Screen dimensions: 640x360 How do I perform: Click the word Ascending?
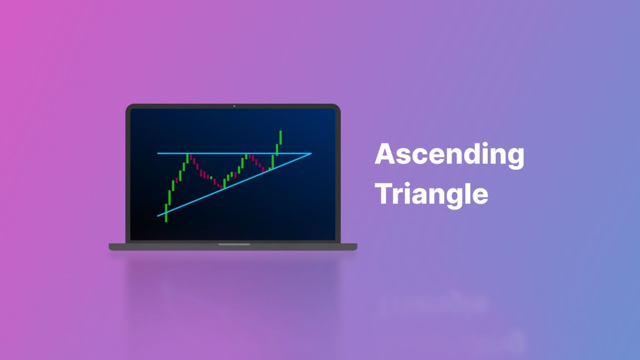pos(450,155)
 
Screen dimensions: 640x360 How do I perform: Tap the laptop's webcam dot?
pos(234,106)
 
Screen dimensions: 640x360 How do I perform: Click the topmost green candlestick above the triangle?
pos(280,138)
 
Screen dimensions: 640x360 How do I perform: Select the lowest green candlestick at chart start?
pos(166,213)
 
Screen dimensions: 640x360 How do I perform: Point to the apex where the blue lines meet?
pos(311,153)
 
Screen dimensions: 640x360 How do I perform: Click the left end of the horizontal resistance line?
pos(158,153)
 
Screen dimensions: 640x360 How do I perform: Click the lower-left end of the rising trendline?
pos(158,216)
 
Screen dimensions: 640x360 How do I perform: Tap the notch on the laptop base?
pos(234,244)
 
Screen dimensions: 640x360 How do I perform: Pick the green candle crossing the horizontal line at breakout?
pos(277,150)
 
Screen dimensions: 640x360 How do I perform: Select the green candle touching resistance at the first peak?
pos(188,158)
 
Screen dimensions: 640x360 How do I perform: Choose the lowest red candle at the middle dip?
pos(221,187)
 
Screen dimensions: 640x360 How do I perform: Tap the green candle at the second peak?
pos(246,156)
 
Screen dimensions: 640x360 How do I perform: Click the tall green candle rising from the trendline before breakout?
pos(272,161)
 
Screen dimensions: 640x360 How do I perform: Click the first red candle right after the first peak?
pos(190,157)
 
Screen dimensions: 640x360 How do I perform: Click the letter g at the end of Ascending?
pos(515,159)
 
